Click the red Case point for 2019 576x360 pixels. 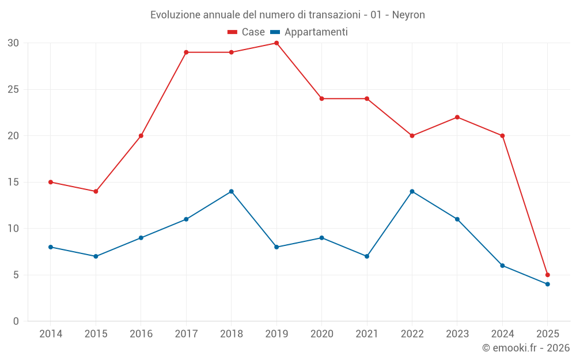[276, 43]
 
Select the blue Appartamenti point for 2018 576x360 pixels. [231, 191]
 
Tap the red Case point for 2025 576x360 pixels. [547, 275]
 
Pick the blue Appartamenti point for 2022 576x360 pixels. [412, 191]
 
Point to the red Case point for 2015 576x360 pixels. [96, 191]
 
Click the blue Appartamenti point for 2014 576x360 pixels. [51, 247]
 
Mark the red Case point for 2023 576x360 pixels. [457, 118]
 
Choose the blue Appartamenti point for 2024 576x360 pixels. [502, 266]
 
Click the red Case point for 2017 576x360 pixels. [186, 52]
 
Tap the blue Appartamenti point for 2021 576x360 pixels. [367, 256]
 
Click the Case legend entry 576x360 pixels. [247, 32]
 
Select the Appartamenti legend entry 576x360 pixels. [310, 32]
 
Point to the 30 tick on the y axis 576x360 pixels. [13, 43]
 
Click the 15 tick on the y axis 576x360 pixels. [13, 183]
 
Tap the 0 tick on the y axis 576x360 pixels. [16, 321]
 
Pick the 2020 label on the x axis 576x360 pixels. [321, 334]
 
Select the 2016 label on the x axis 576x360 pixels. [141, 334]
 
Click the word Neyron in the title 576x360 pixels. [408, 15]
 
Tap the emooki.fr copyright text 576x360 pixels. [526, 348]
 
